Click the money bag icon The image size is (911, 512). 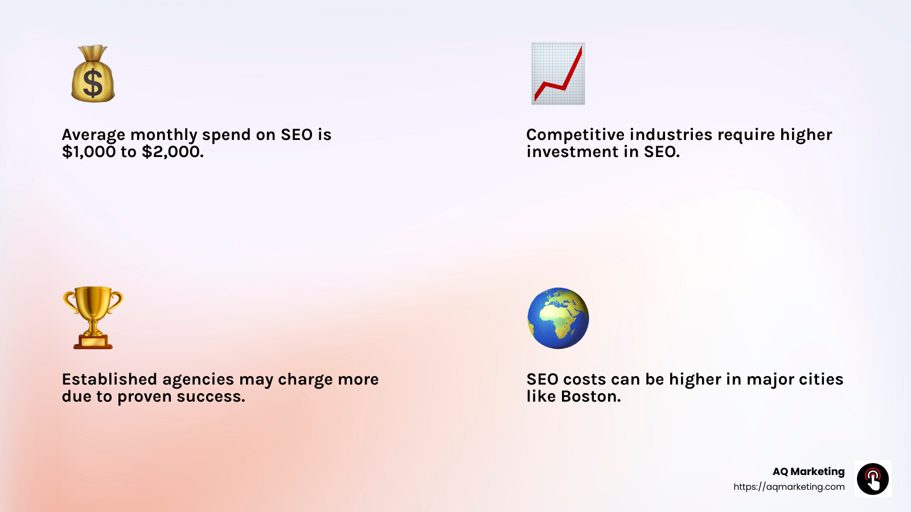tap(93, 74)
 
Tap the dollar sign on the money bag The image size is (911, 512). tap(93, 83)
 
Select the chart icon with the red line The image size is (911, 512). tap(558, 73)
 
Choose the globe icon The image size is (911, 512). tap(558, 318)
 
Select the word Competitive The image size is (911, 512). tap(575, 135)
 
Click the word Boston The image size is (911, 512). tap(590, 397)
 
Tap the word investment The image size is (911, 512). tap(572, 152)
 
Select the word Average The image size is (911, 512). tap(93, 135)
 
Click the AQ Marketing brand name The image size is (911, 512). tap(809, 472)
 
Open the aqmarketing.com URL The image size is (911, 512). tap(789, 487)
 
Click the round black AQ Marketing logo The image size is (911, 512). tap(873, 479)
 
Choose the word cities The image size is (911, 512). tap(820, 379)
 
